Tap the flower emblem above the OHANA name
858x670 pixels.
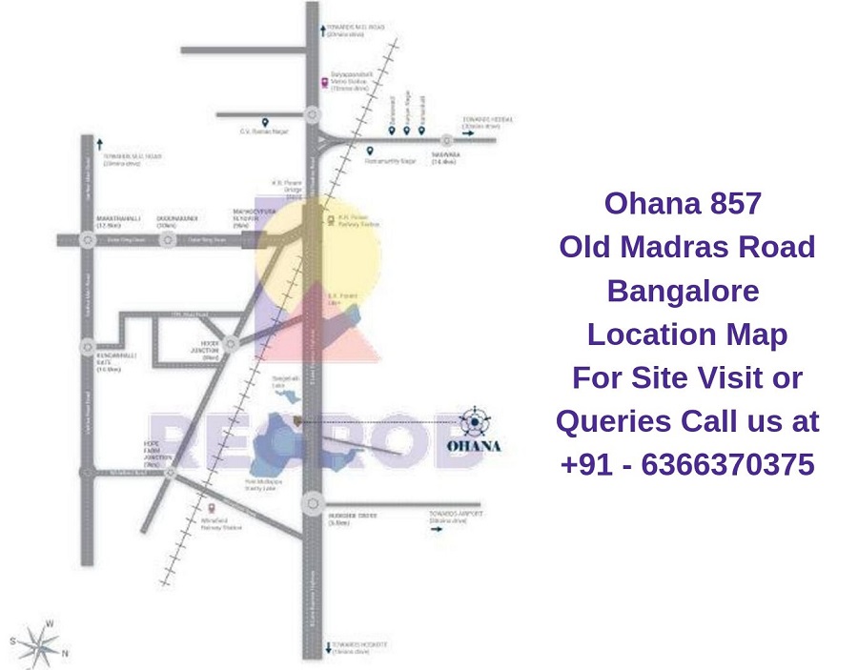474,419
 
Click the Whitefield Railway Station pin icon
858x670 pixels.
212,508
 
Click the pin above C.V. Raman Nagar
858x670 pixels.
265,122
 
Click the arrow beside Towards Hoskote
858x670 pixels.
327,644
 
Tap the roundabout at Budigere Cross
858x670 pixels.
312,504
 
